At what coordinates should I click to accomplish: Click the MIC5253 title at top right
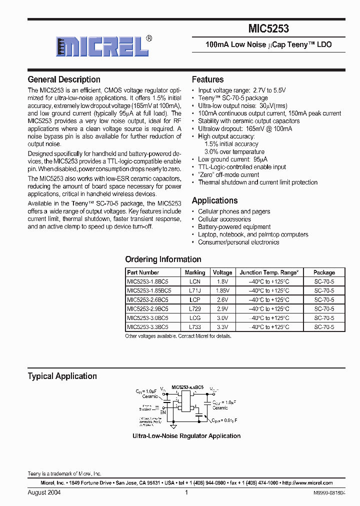pyautogui.click(x=268, y=29)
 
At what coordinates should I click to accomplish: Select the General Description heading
pyautogui.click(x=64, y=79)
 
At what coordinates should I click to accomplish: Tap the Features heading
pyautogui.click(x=207, y=79)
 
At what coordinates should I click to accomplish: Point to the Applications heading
pyautogui.click(x=214, y=200)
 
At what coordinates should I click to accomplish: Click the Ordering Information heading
pyautogui.click(x=163, y=259)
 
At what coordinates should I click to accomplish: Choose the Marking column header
pyautogui.click(x=194, y=272)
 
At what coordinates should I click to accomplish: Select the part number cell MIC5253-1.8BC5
pyautogui.click(x=147, y=281)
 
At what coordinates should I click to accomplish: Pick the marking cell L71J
pyautogui.click(x=194, y=290)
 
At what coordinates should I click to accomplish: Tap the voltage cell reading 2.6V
pyautogui.click(x=222, y=299)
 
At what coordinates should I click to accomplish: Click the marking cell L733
pyautogui.click(x=194, y=326)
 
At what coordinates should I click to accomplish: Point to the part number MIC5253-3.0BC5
pyautogui.click(x=147, y=317)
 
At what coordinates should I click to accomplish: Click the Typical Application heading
pyautogui.click(x=62, y=376)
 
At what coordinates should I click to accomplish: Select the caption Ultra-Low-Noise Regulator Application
pyautogui.click(x=186, y=436)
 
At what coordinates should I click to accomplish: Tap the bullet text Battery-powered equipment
pyautogui.click(x=234, y=227)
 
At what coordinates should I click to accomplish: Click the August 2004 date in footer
pyautogui.click(x=44, y=492)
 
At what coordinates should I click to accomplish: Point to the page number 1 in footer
pyautogui.click(x=186, y=492)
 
